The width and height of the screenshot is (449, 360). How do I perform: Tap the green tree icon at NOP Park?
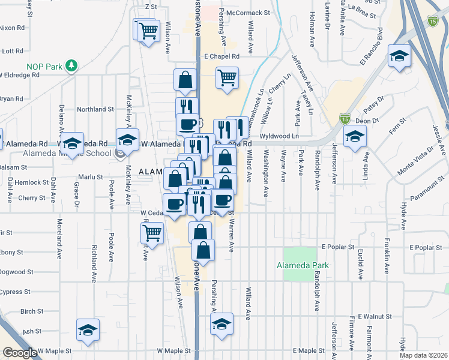click(x=71, y=64)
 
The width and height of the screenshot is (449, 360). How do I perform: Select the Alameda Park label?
click(x=303, y=265)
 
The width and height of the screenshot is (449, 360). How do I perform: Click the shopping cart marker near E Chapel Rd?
click(x=227, y=77)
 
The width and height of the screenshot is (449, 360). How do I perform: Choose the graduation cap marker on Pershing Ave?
click(x=221, y=325)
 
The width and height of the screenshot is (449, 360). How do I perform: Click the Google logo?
click(x=20, y=352)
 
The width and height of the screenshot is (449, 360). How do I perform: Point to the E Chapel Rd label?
click(x=221, y=56)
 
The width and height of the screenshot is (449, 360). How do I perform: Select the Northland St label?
click(x=95, y=109)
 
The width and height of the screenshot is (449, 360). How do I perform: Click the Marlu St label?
click(x=90, y=177)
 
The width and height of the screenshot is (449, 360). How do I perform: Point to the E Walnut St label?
click(x=375, y=316)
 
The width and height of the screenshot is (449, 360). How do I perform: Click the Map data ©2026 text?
click(x=424, y=355)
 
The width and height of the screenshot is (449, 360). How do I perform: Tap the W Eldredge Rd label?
click(x=19, y=76)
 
